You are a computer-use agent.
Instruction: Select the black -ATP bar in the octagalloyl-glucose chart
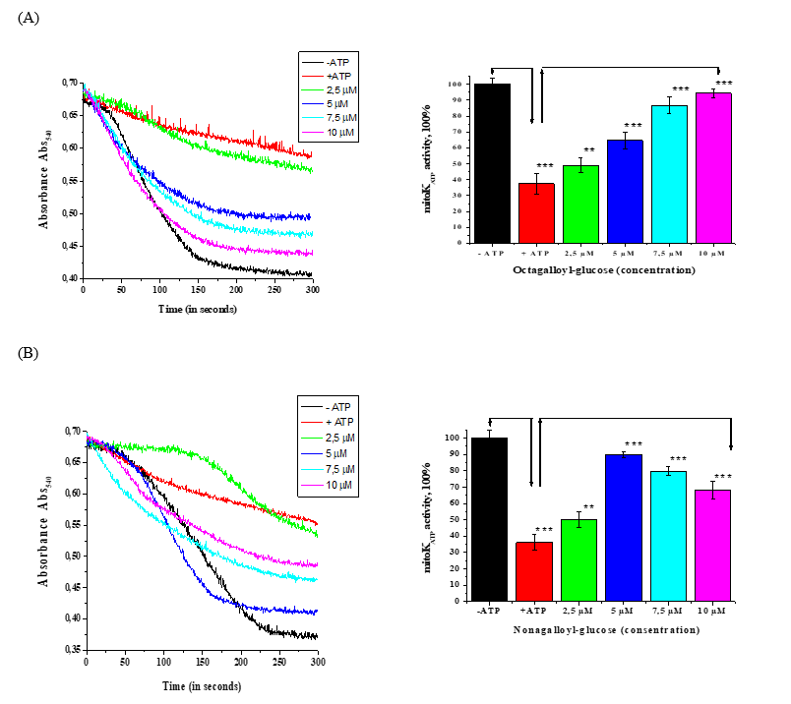[x=492, y=162]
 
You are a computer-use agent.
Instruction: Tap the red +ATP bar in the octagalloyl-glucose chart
[x=537, y=212]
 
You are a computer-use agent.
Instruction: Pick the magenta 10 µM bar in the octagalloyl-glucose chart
[x=713, y=167]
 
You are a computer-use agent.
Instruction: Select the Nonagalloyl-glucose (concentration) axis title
[x=605, y=630]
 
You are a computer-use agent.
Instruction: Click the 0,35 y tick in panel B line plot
[x=72, y=649]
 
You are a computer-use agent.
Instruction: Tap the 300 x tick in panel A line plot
[x=312, y=292]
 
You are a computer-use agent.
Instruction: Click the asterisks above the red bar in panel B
[x=537, y=531]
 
